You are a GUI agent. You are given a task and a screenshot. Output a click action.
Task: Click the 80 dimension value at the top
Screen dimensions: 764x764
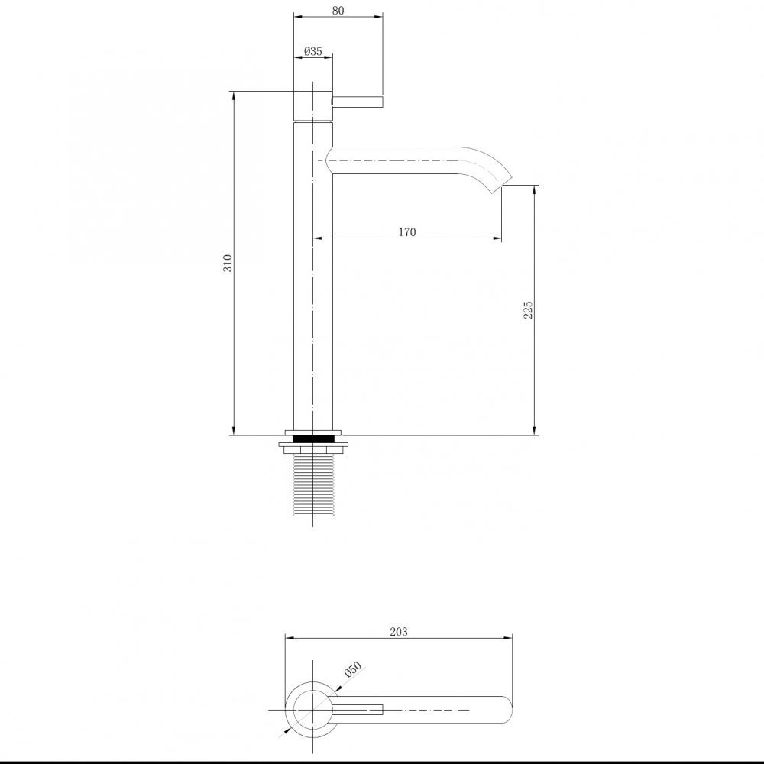click(x=338, y=10)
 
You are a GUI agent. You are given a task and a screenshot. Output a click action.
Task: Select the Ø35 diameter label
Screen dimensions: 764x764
click(x=312, y=50)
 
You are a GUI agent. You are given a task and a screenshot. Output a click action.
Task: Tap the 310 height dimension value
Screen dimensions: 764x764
click(x=228, y=263)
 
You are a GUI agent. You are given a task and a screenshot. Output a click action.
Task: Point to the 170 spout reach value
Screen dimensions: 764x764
click(x=407, y=232)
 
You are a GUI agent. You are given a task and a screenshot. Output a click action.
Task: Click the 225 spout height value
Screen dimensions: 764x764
click(x=528, y=310)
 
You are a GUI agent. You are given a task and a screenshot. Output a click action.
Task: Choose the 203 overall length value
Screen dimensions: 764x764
click(x=399, y=632)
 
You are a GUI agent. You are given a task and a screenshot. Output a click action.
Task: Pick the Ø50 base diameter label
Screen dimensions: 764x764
click(x=353, y=669)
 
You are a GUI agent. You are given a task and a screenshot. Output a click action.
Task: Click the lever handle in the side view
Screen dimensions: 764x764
click(x=358, y=102)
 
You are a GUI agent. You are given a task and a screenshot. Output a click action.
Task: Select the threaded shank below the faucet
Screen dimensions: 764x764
click(x=312, y=484)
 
